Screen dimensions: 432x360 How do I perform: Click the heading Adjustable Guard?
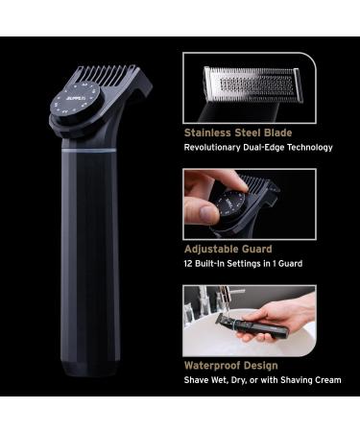(227, 248)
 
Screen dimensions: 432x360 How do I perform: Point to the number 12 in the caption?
(188, 264)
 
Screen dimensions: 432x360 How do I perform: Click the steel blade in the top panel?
(252, 84)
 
